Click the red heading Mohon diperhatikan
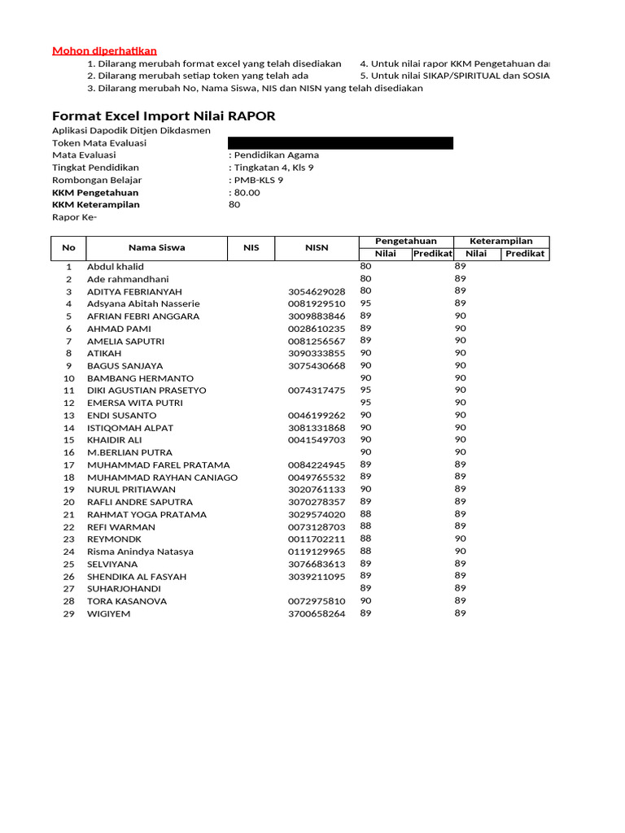coord(104,50)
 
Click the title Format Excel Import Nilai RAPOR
coord(164,116)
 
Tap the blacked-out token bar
coord(341,143)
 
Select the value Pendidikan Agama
coord(276,155)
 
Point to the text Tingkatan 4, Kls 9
coord(273,168)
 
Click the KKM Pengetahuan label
coord(95,193)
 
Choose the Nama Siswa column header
coord(156,247)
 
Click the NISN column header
coord(317,247)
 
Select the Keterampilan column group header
coord(502,241)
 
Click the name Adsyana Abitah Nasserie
coord(143,303)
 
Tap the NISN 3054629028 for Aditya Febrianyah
coord(317,291)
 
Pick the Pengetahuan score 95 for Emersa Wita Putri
coord(365,402)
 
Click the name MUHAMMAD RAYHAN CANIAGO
coord(162,477)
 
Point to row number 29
coord(69,613)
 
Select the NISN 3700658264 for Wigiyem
coord(317,613)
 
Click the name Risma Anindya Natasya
coord(140,552)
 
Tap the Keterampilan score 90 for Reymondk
coord(460,539)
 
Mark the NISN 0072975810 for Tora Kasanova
coord(317,601)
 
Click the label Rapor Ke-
coord(74,217)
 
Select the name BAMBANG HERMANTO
coord(140,378)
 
